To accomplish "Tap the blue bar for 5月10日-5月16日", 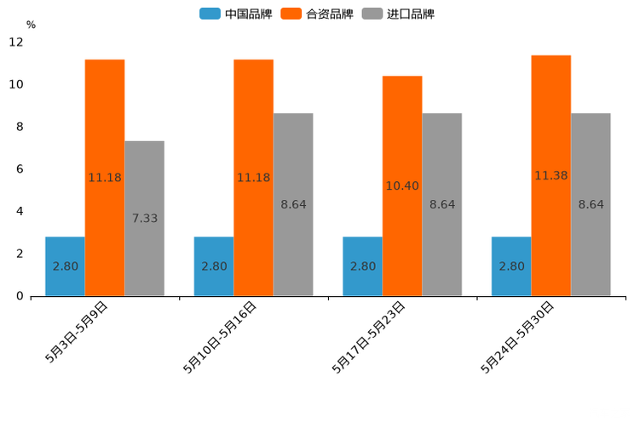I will click(214, 266).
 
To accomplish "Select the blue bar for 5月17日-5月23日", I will click(362, 266).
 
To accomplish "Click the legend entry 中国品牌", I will click(236, 14).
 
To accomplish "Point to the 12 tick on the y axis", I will click(16, 43).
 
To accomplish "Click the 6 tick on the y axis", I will click(20, 169).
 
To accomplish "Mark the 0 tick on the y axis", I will click(20, 296).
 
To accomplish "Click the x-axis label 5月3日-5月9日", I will click(77, 333).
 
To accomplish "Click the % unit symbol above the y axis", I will click(31, 25).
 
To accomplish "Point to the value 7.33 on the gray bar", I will click(145, 219).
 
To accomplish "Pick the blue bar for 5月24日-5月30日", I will click(511, 266).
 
